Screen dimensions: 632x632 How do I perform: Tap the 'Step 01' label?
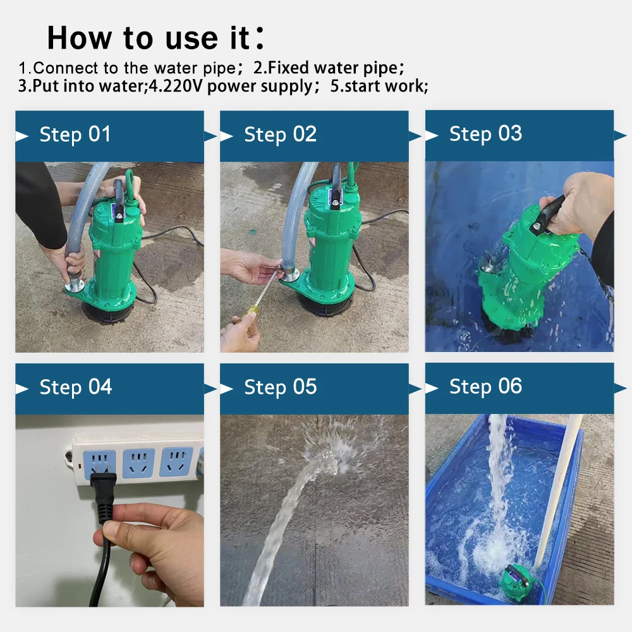75,134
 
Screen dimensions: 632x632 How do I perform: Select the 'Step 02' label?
280,134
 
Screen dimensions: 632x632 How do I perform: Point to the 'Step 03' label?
485,133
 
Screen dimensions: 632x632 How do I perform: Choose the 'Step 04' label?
75,387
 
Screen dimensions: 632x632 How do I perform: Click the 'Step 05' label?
280,387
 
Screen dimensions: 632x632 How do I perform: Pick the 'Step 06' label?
485,386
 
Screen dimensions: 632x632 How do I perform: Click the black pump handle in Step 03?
547,214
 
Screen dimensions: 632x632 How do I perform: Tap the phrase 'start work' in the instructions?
384,86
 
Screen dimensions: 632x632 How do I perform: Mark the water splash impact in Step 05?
327,459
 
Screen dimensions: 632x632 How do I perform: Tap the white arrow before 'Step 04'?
22,389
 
